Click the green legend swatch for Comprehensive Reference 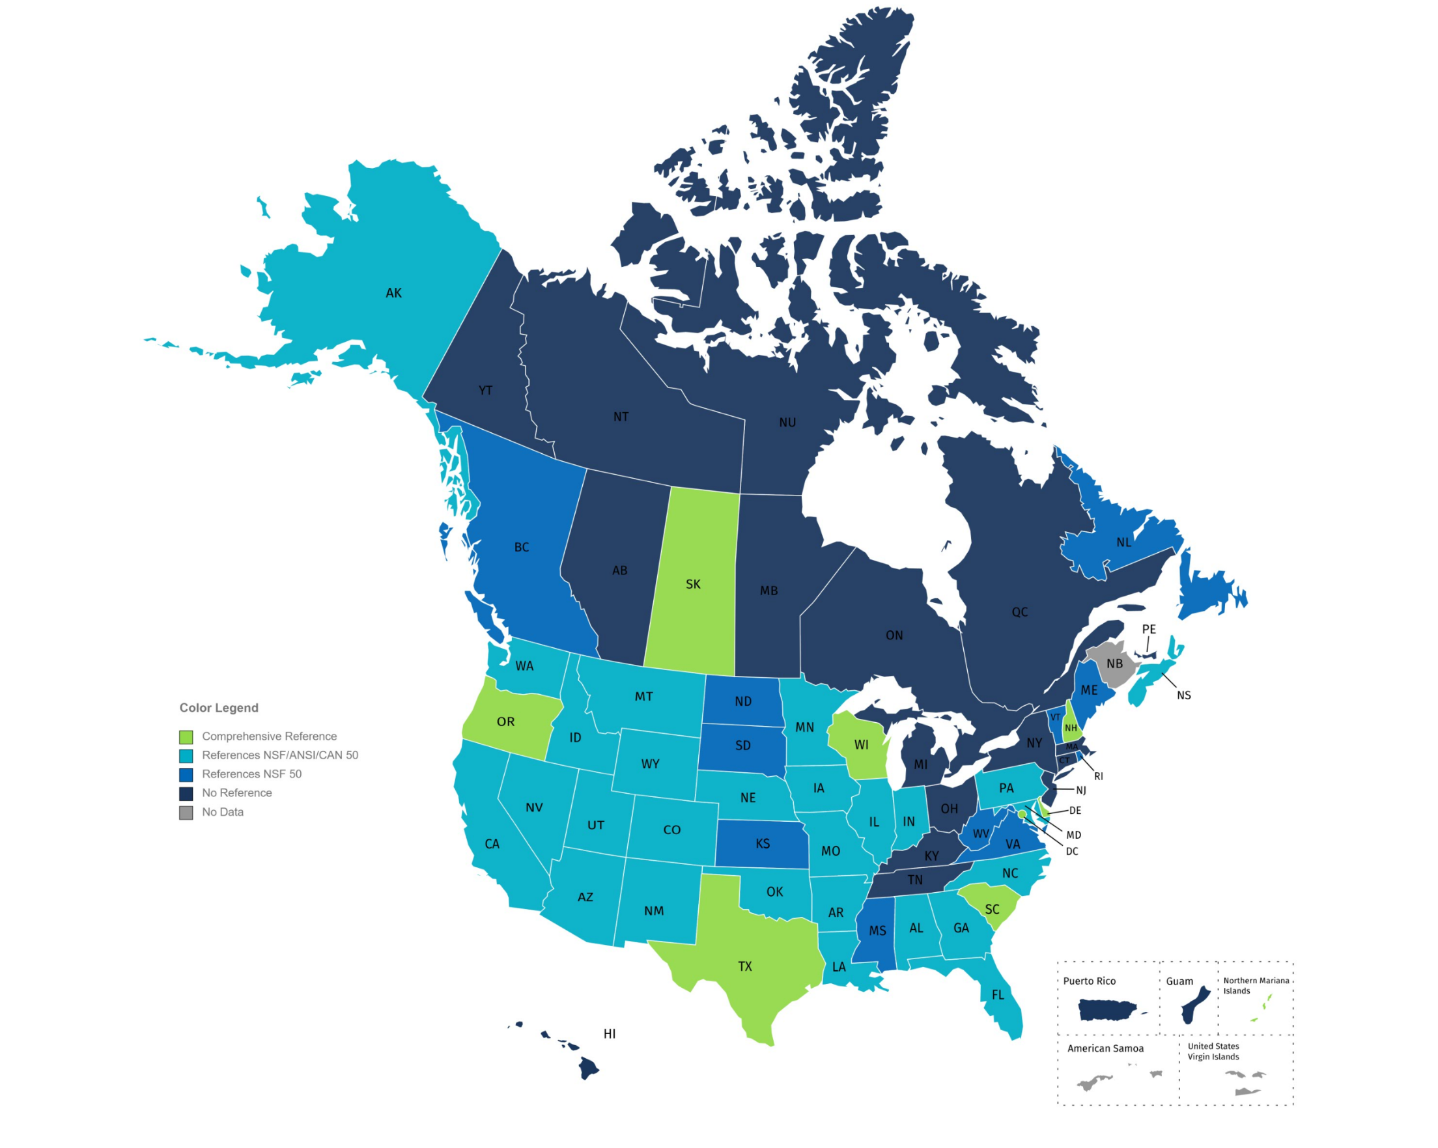coord(186,736)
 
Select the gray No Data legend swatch coord(186,813)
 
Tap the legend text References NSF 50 coord(251,774)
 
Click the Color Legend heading coord(219,708)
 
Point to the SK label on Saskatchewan coord(693,584)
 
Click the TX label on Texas coord(745,966)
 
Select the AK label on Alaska coord(393,293)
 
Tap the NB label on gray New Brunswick coord(1114,664)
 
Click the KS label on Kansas coord(763,844)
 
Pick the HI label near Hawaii coord(610,1033)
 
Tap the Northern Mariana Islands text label coord(1255,985)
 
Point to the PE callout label coord(1149,629)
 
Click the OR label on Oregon coord(505,721)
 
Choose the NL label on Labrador coord(1124,542)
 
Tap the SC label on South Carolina coord(992,909)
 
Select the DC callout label coord(1072,851)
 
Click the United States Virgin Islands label coord(1213,1051)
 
